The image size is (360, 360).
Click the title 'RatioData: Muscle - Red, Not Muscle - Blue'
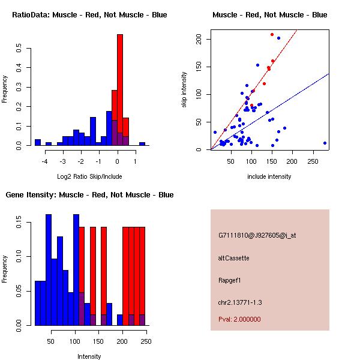click(x=89, y=14)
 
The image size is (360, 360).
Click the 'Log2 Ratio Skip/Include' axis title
click(x=89, y=176)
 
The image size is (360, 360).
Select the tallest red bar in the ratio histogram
click(x=120, y=90)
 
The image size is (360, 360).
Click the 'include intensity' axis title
click(x=269, y=176)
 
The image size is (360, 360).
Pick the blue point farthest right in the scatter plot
click(x=325, y=143)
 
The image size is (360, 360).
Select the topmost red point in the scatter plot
click(x=272, y=34)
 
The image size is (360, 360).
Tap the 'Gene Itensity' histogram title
click(x=89, y=194)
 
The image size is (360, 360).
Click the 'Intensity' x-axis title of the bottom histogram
click(x=89, y=356)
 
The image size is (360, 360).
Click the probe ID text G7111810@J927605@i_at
click(x=257, y=235)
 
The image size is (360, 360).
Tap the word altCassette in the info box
click(x=233, y=257)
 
